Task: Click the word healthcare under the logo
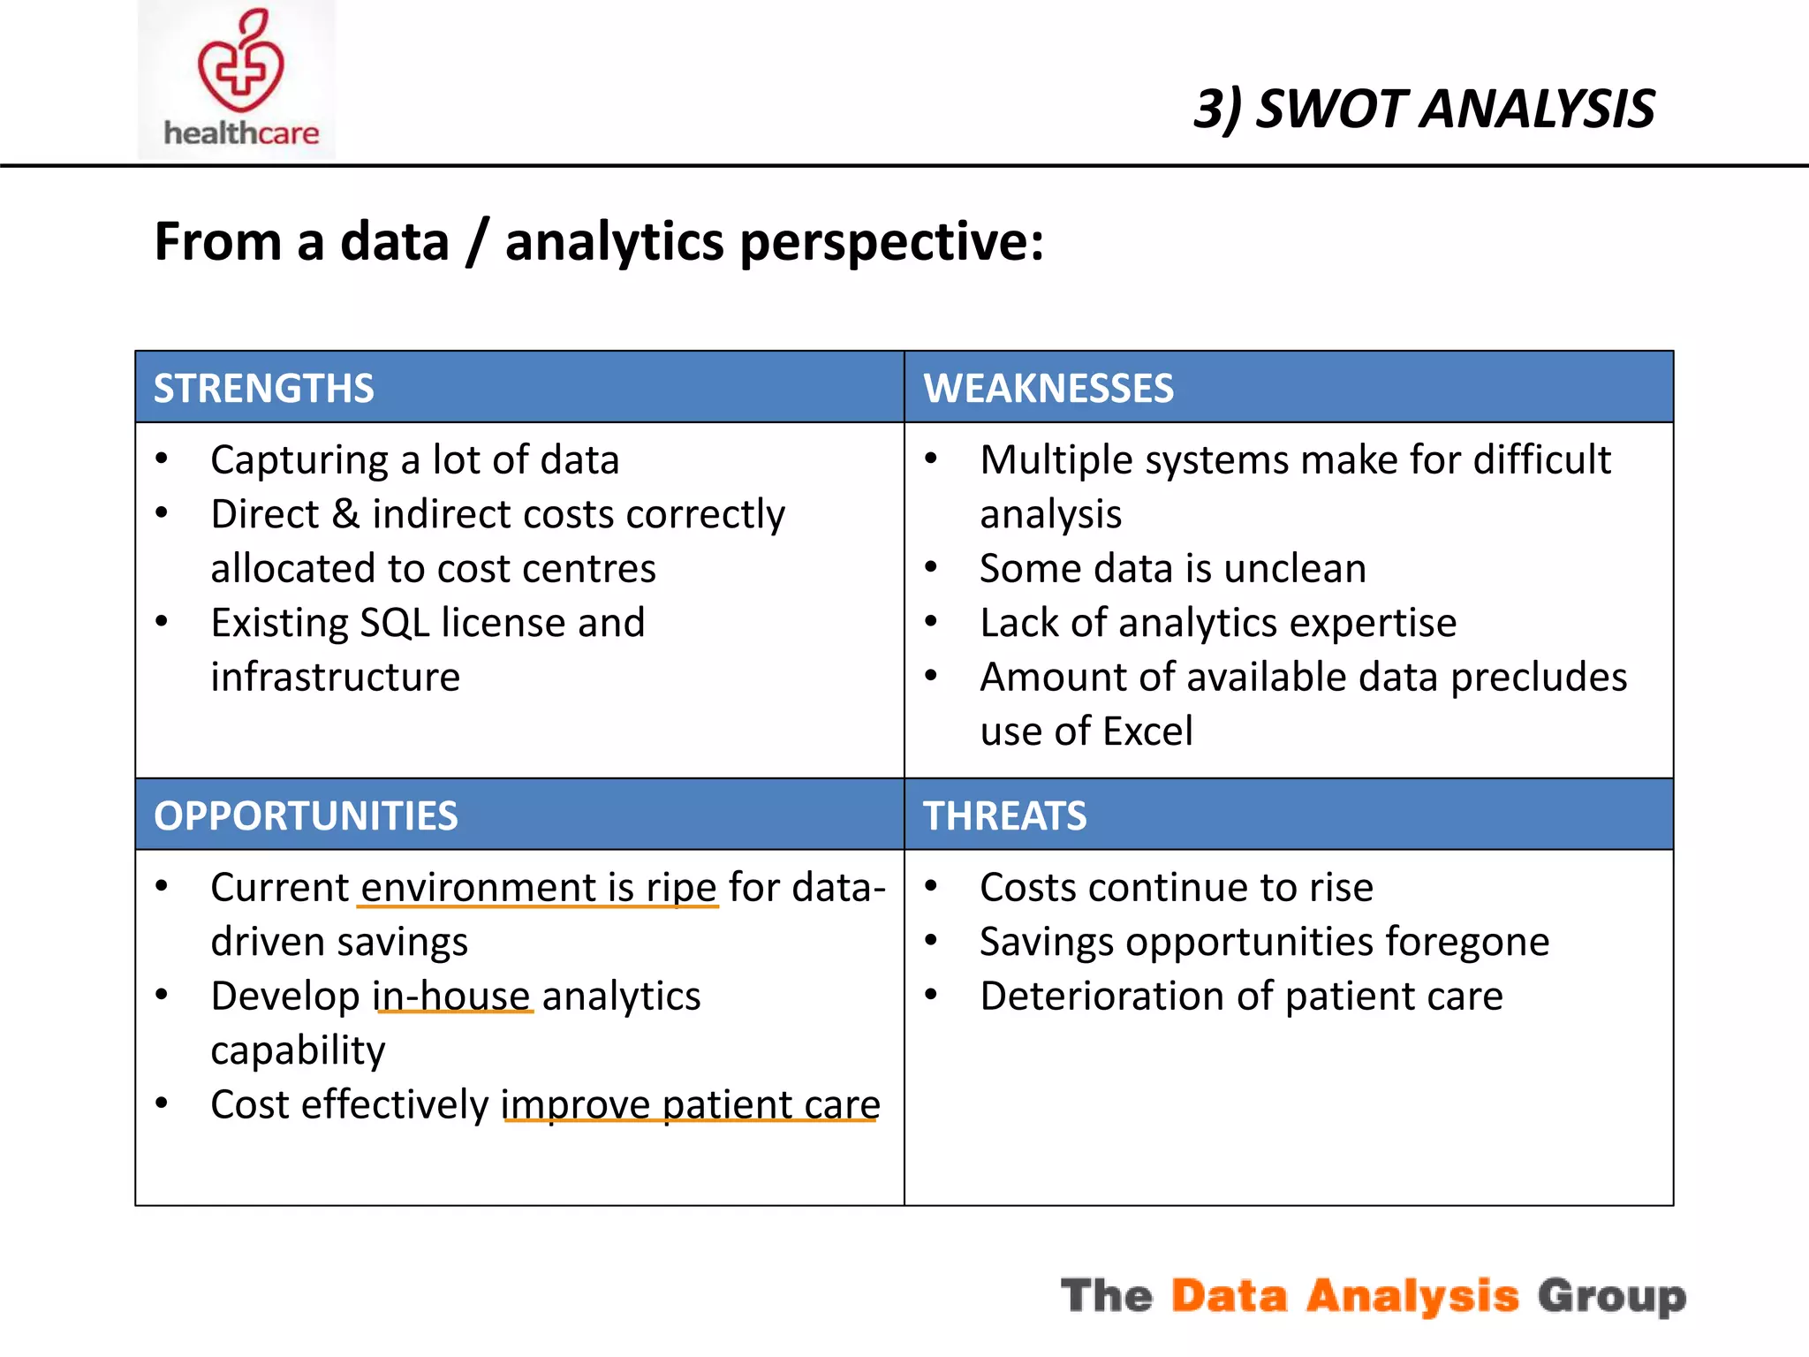click(241, 133)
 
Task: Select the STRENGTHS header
click(263, 389)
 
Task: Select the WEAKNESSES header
click(1048, 389)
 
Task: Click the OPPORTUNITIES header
click(306, 815)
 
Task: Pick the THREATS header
click(1004, 815)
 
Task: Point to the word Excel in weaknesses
click(1147, 732)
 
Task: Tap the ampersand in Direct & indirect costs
click(345, 514)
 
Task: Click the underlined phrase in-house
click(453, 997)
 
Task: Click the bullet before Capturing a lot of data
click(162, 459)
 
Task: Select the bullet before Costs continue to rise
click(931, 886)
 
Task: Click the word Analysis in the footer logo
click(1412, 1296)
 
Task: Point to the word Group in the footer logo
click(1611, 1296)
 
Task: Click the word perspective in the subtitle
click(890, 242)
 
